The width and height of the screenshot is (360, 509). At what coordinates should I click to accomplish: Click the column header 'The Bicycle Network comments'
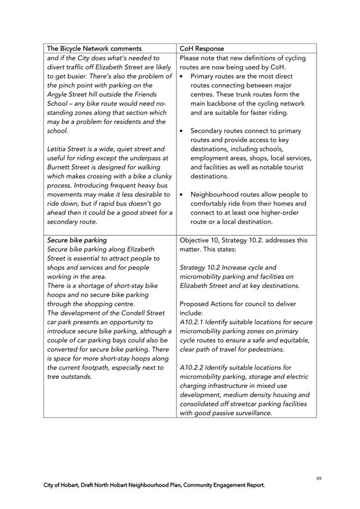click(x=94, y=49)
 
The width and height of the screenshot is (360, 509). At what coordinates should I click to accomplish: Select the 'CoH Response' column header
click(x=202, y=49)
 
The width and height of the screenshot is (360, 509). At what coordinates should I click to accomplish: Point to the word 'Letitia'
click(x=58, y=149)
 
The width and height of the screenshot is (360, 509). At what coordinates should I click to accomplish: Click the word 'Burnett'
click(x=60, y=167)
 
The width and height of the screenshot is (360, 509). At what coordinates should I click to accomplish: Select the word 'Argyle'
click(x=59, y=94)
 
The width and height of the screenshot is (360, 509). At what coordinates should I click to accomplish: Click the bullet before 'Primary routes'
click(x=182, y=76)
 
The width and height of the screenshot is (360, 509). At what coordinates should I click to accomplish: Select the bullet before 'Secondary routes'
click(x=182, y=131)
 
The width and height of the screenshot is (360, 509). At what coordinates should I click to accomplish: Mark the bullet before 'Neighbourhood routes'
click(x=182, y=195)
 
